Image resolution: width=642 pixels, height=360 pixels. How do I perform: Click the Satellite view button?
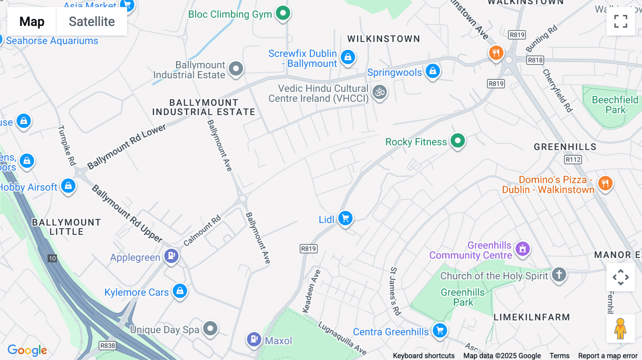coord(92,21)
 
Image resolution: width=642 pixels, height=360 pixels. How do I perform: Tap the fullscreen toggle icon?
coord(621,21)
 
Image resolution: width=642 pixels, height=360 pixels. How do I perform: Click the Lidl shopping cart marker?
coord(345,218)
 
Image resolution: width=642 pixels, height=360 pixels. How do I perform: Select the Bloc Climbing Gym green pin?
coord(283,13)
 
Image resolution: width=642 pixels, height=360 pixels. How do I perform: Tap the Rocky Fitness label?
coord(416,142)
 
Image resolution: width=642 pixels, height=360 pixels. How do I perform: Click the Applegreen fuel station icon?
coord(171,256)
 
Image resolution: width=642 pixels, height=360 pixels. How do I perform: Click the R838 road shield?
coord(107,345)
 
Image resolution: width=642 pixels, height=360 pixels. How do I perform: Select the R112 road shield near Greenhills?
coord(573,159)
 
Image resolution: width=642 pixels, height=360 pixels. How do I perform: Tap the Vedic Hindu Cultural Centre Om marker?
coord(379,92)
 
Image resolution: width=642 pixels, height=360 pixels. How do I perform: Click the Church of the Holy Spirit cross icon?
coord(559,274)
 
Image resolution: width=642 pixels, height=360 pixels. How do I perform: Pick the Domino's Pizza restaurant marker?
coord(605,184)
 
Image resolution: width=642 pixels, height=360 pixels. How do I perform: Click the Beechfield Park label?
coord(615,105)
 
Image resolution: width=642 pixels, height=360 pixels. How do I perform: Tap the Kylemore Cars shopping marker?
coord(180,291)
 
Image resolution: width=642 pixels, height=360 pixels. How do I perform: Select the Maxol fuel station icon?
coord(254,339)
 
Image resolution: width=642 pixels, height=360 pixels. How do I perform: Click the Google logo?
coord(27,350)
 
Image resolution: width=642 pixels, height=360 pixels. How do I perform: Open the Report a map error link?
coord(608,356)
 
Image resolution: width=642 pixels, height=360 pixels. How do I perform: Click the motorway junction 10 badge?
coord(52,258)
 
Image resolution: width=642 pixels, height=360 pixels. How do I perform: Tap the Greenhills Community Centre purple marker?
coord(523,249)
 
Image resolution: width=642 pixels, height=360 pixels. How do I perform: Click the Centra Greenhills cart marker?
coord(440,330)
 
